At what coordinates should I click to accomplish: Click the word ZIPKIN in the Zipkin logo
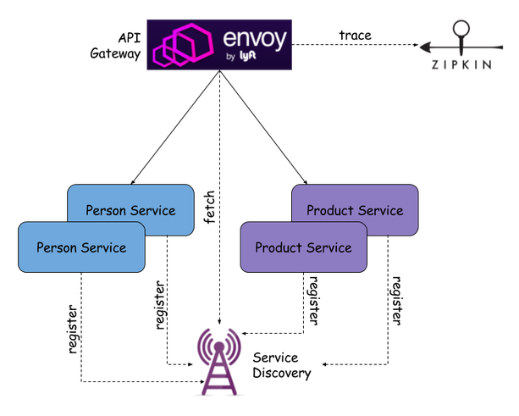click(x=461, y=64)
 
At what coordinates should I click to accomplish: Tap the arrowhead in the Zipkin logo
click(x=427, y=45)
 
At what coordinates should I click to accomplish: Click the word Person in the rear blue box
click(x=106, y=210)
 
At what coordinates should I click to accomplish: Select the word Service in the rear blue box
click(x=153, y=210)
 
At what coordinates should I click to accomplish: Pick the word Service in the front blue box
click(x=103, y=247)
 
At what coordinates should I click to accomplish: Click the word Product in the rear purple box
click(x=330, y=210)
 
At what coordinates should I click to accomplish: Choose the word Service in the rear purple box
click(x=380, y=210)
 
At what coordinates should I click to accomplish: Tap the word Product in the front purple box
click(x=279, y=247)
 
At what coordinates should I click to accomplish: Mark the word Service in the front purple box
click(x=329, y=247)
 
